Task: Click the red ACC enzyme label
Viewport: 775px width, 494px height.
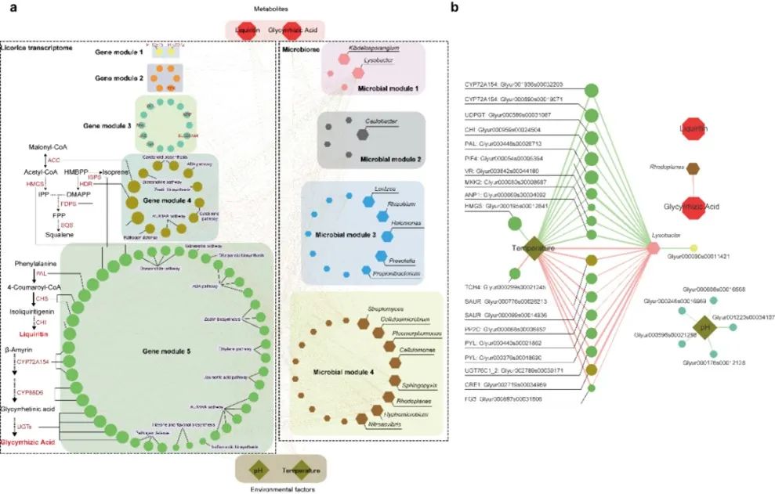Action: point(53,159)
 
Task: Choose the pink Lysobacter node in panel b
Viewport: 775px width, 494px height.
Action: point(652,247)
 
